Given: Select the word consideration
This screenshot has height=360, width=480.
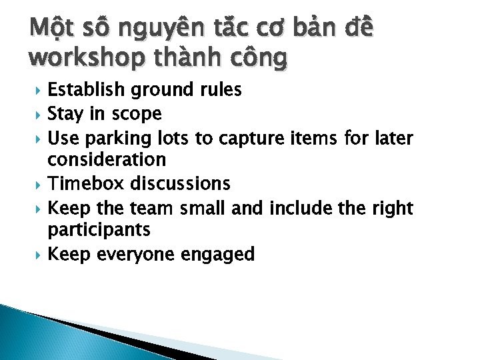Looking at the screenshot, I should (107, 160).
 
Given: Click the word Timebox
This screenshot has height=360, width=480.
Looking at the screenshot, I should (87, 183).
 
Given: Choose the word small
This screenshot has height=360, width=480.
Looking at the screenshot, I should (203, 208).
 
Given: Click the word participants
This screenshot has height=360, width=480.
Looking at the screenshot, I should (98, 231).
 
